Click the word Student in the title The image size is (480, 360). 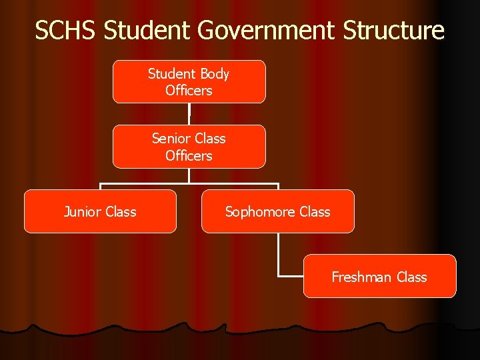[x=137, y=31]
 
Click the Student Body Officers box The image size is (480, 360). [x=189, y=82]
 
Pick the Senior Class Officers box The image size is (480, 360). [x=189, y=147]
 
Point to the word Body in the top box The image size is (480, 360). [x=214, y=73]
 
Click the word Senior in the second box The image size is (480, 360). [x=171, y=139]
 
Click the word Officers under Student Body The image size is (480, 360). [x=189, y=91]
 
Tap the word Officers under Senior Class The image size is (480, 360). [x=189, y=156]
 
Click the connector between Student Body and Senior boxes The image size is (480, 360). [x=189, y=114]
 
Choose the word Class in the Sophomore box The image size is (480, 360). [x=315, y=212]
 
